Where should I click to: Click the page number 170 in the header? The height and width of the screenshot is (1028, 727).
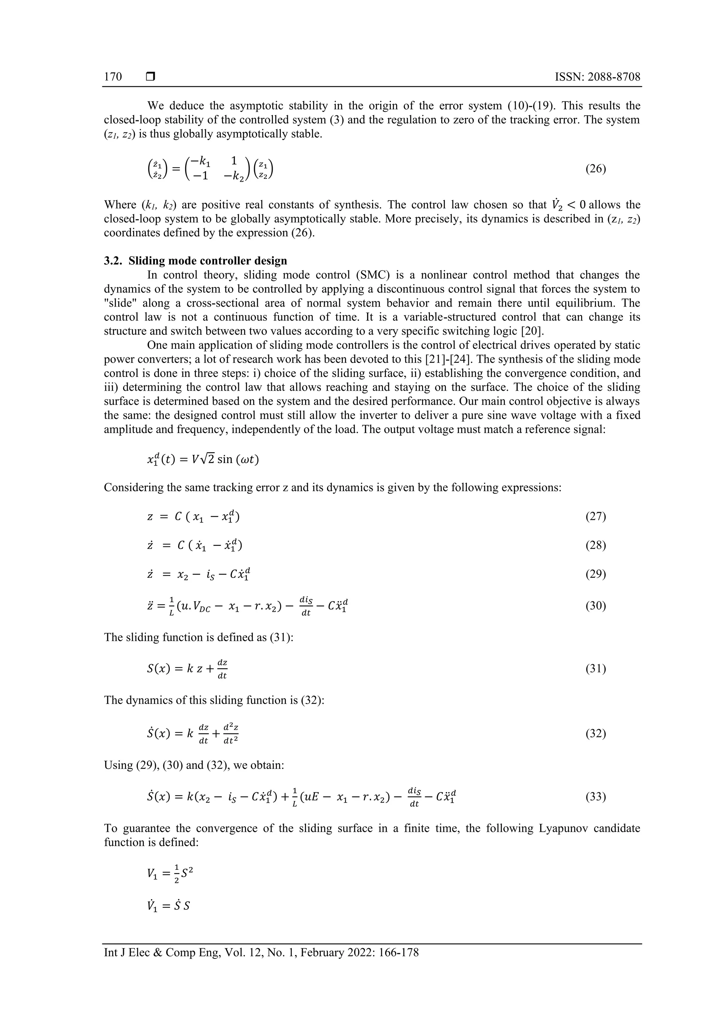click(113, 77)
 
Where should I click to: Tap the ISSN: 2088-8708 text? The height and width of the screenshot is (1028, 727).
click(597, 77)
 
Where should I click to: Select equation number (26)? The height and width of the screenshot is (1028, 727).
click(595, 169)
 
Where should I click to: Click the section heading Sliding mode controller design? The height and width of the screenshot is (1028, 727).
click(208, 260)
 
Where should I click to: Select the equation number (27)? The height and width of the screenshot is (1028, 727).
click(595, 517)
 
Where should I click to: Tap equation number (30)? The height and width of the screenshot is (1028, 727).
click(595, 606)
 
